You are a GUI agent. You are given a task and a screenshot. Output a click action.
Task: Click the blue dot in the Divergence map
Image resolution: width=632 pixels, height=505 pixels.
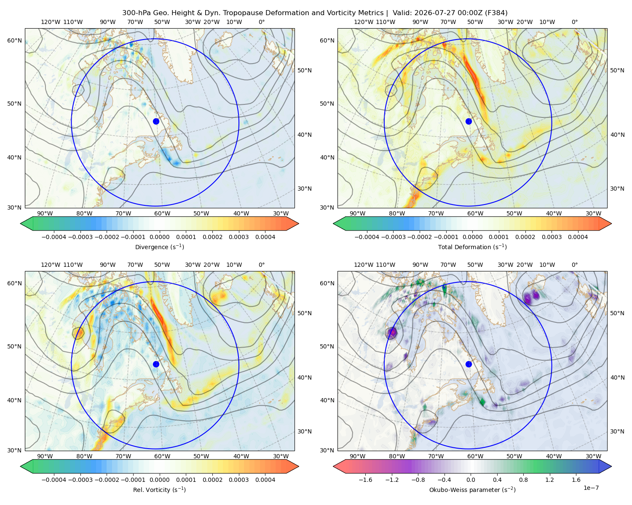[x=156, y=121]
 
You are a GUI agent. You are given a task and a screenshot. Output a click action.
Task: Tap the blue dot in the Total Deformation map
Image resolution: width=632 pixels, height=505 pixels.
[x=469, y=121]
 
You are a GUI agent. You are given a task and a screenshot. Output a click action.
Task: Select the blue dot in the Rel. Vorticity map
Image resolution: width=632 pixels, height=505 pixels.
[x=156, y=364]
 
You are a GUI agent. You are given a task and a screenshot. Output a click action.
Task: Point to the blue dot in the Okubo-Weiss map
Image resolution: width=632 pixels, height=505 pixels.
[x=469, y=364]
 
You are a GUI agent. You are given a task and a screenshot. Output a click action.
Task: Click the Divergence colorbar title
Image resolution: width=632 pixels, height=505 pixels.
[x=159, y=247]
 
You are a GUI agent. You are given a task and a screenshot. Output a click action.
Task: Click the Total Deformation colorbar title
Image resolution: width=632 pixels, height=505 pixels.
[x=472, y=247]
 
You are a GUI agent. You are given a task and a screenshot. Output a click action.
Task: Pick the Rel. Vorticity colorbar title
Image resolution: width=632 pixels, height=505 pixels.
[x=159, y=489]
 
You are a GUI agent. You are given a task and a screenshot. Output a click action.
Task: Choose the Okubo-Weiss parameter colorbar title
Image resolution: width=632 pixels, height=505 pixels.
[x=472, y=489]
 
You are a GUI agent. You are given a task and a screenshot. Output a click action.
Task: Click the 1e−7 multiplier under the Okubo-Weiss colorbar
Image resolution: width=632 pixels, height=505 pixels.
[x=591, y=488]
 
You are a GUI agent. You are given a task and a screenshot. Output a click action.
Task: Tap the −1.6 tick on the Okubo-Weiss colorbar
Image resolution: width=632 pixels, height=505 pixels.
[x=365, y=479]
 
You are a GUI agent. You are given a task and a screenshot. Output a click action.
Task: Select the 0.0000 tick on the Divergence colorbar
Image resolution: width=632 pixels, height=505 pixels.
[x=159, y=237]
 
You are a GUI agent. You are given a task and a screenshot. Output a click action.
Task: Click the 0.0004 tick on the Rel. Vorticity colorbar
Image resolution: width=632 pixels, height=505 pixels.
[x=265, y=479]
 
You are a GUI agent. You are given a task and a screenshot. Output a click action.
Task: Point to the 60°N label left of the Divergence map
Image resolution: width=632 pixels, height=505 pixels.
[x=14, y=40]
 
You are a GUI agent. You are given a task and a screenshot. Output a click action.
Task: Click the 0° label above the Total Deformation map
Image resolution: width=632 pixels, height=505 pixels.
[x=574, y=22]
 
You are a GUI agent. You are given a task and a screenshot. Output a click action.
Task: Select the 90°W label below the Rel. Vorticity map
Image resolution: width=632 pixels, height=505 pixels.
[x=45, y=456]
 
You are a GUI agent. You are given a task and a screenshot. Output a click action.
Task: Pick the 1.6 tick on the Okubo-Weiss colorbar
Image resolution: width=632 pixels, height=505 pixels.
[x=576, y=479]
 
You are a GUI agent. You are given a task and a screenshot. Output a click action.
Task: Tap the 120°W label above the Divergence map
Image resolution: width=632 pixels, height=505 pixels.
[x=51, y=22]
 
